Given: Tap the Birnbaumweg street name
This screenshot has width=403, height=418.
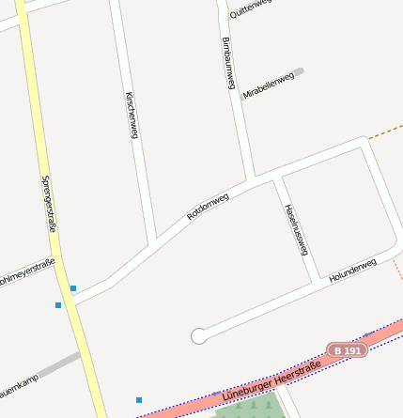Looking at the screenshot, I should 227,63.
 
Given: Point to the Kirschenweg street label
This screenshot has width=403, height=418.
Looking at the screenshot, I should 132,116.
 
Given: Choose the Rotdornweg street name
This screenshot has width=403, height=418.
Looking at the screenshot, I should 208,206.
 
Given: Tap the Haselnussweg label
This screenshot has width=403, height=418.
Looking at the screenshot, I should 295,228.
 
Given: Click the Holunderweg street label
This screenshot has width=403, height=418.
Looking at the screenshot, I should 352,271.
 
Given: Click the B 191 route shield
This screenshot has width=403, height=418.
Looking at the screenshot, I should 347,350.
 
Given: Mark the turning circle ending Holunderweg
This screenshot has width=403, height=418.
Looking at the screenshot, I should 198,335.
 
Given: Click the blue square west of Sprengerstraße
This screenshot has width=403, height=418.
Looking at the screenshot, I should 58,305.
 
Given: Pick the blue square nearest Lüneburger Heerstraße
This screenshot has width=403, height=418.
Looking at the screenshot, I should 139,400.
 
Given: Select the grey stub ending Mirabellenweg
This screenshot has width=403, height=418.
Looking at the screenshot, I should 299,70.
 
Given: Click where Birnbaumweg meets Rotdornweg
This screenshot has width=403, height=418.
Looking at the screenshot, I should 252,178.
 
